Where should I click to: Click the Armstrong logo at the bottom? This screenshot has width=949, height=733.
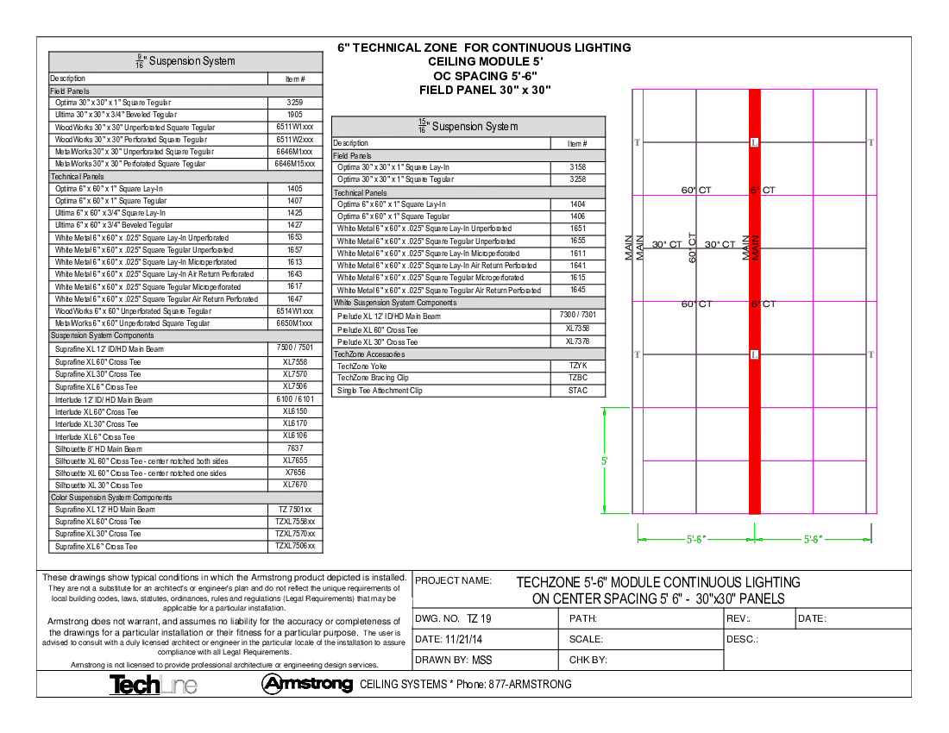306,684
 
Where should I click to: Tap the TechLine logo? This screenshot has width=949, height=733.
153,686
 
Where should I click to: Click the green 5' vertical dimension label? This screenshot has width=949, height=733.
604,460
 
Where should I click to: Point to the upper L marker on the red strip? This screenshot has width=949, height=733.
754,142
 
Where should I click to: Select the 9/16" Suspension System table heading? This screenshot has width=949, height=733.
185,61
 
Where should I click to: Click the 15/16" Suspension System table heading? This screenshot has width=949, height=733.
468,127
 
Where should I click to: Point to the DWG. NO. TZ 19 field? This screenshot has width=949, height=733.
454,618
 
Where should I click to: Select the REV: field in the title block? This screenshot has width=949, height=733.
738,618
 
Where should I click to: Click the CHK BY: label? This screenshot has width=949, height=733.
589,660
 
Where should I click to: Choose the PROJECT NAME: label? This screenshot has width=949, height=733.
454,581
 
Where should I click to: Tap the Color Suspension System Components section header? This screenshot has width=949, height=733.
112,498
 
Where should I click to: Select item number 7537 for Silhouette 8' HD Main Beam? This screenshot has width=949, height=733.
294,448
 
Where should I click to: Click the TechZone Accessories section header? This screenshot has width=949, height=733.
369,354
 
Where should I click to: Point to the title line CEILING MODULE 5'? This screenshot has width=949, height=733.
483,62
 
